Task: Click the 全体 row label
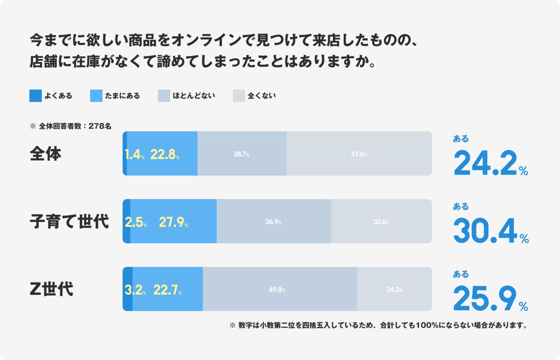click(x=46, y=154)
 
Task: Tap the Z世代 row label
click(x=51, y=289)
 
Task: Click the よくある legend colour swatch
click(x=35, y=96)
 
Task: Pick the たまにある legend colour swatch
click(x=96, y=96)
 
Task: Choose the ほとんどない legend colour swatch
click(x=164, y=96)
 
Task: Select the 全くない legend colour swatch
click(x=239, y=96)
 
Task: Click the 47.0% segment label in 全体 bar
click(x=359, y=154)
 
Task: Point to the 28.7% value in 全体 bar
click(x=242, y=154)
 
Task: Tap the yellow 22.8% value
click(x=165, y=155)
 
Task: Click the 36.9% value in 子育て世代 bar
click(x=274, y=222)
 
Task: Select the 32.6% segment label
click(x=381, y=222)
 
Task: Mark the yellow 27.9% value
click(x=173, y=222)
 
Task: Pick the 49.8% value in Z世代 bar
click(x=277, y=290)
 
